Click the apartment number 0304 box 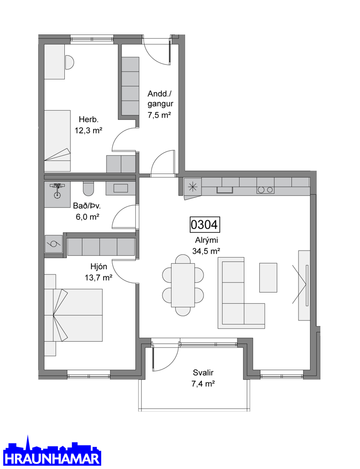coord(205,224)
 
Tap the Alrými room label coord(206,240)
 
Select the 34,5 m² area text coord(206,251)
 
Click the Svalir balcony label coord(203,373)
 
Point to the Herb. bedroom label coord(89,119)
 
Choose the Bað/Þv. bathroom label coord(87,206)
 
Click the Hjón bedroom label coord(99,266)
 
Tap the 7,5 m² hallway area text coord(159,115)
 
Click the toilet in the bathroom coord(89,188)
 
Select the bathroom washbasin coord(120,188)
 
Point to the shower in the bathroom coord(57,195)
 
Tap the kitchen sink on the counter coord(225,189)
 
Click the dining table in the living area coord(183,285)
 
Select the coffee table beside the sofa coord(268,278)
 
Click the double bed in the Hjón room coord(73,315)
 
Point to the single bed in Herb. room coord(57,140)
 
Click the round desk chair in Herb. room coord(69,63)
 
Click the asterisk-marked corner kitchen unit coord(193,187)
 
